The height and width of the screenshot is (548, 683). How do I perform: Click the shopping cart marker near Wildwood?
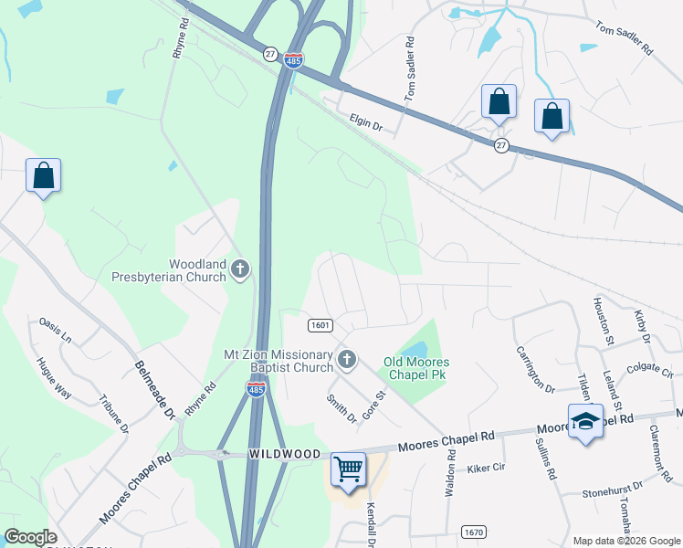pos(348,469)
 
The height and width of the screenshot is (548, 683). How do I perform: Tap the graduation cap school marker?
pos(584,421)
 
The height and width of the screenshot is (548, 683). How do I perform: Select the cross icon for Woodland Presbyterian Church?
pos(239,269)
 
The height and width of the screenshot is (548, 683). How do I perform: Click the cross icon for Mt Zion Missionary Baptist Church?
pos(346,360)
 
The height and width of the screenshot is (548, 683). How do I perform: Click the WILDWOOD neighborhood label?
pos(285,454)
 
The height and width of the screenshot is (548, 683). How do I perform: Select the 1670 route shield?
pos(473,532)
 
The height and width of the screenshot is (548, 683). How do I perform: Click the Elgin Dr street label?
pos(365,121)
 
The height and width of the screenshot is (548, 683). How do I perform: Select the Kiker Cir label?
pos(486,469)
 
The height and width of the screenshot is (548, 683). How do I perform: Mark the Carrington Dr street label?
pos(535,369)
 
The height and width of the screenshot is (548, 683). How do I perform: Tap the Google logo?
pos(30,537)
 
